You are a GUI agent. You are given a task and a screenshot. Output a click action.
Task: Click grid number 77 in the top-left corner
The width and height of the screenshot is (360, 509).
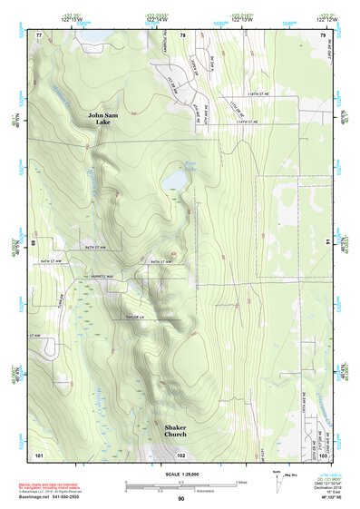point(39,34)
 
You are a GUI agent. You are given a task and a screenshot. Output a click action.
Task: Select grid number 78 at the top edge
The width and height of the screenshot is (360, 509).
point(182,34)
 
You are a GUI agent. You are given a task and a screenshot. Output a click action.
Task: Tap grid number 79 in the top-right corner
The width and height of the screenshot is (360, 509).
point(322,34)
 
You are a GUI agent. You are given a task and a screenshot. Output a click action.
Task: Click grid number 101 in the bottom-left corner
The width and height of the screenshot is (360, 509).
point(39,453)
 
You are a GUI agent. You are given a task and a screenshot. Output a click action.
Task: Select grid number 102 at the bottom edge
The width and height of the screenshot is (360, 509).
point(181,453)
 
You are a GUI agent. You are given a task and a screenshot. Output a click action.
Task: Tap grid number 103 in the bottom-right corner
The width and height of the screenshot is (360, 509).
point(322,453)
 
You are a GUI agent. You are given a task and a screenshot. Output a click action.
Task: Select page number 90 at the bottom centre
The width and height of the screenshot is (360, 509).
point(181,499)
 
